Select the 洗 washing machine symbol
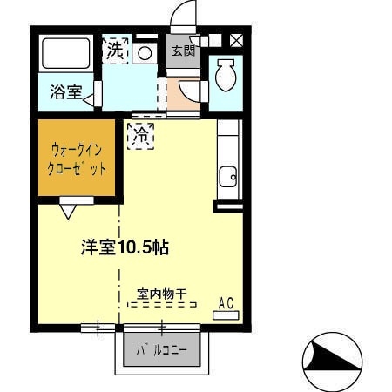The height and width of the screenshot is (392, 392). (x=115, y=51)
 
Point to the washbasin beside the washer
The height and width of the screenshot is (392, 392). (x=145, y=52)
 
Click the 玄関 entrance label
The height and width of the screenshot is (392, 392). (x=181, y=52)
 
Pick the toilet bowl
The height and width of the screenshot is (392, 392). (x=224, y=76)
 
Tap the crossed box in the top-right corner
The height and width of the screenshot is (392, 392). (x=235, y=39)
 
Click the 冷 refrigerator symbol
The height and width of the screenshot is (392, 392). (x=140, y=136)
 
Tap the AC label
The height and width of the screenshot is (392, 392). (x=226, y=303)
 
